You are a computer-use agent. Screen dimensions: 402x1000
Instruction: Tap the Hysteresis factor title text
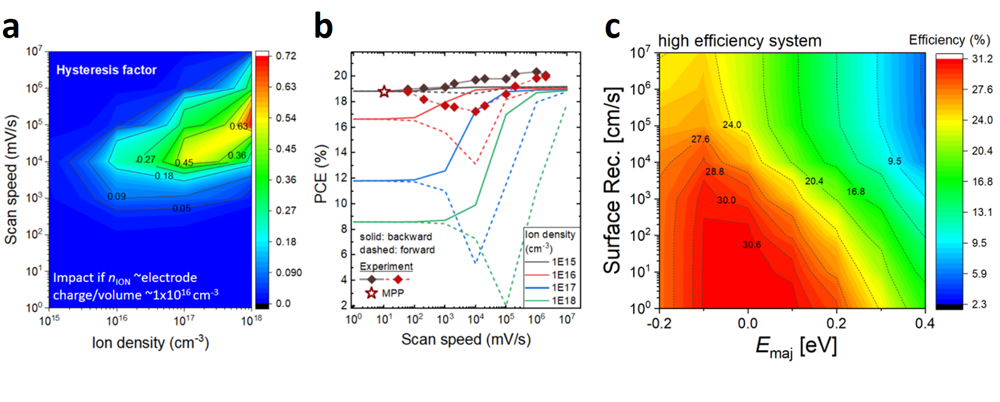(106, 70)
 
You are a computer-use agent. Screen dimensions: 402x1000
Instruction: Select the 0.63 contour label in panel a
(239, 126)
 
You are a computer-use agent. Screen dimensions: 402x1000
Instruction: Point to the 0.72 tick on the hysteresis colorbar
(286, 56)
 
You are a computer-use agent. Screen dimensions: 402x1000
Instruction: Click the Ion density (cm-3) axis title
(151, 343)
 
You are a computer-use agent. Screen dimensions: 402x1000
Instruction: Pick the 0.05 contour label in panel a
(181, 208)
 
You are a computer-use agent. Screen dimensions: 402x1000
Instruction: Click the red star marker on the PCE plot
(384, 92)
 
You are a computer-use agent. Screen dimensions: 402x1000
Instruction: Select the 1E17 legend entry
(563, 287)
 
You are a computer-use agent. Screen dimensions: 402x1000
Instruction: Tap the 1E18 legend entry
(563, 300)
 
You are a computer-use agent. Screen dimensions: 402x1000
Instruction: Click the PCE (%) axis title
(320, 174)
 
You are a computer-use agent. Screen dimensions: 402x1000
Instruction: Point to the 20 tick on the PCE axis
(341, 75)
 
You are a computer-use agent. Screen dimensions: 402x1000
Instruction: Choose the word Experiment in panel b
(386, 266)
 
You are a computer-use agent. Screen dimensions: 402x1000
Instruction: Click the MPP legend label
(393, 293)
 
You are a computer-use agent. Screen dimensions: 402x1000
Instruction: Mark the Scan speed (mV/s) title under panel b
(466, 340)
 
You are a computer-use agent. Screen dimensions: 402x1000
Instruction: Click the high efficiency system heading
(739, 41)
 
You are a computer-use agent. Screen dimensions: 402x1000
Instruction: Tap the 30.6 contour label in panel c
(752, 244)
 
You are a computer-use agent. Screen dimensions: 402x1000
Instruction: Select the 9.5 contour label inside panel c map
(894, 161)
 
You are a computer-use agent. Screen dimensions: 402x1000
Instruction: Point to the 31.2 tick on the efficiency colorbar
(982, 59)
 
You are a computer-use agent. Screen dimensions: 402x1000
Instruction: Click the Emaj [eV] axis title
(796, 347)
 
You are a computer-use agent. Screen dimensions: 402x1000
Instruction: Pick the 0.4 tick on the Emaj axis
(924, 323)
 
